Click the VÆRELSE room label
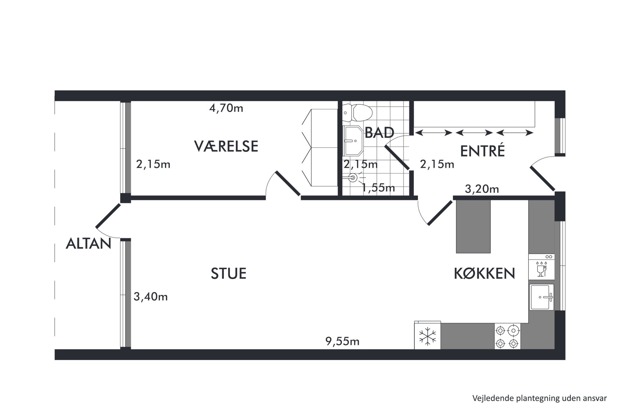coord(226,146)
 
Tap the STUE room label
coord(228,273)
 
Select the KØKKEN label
coord(484,273)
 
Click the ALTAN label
coord(88,243)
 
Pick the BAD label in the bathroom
coord(379,133)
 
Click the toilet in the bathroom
coord(357,113)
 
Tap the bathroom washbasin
coord(353,141)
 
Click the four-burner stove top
coord(507,336)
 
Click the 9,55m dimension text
coord(342,342)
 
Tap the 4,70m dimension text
coord(226,108)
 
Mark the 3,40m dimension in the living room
coord(151,297)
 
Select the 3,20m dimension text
coord(482,189)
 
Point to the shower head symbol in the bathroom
coord(353,178)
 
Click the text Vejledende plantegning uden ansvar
coord(540,398)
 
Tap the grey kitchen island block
coord(473,227)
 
